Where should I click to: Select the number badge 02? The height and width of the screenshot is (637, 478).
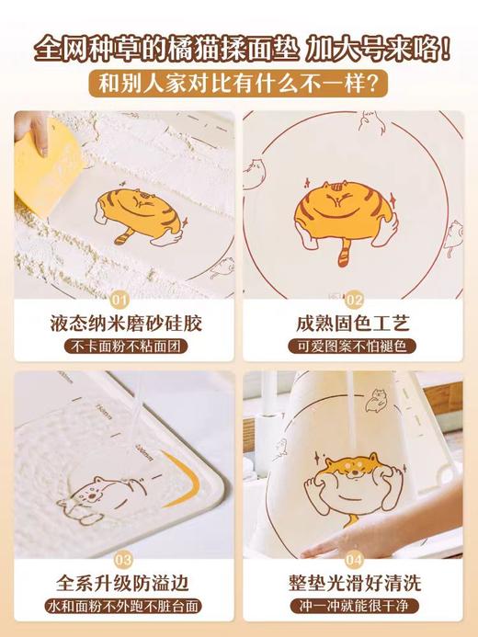point(355,299)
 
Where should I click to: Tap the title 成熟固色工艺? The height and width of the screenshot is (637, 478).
point(355,324)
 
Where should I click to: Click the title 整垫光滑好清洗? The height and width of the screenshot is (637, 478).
point(355,584)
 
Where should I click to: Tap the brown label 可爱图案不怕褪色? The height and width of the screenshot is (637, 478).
point(355,347)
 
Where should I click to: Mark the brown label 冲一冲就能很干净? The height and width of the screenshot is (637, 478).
point(355,608)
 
